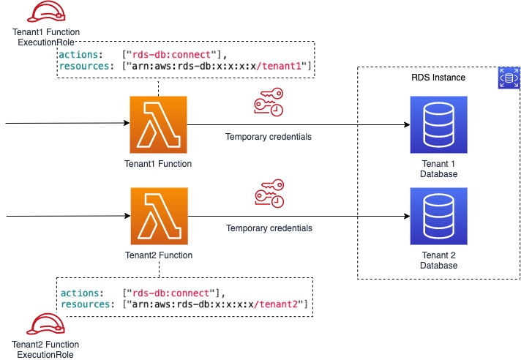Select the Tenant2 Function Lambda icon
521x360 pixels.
coord(158,217)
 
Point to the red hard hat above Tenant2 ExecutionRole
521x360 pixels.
coord(42,323)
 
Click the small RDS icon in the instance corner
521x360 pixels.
coord(509,78)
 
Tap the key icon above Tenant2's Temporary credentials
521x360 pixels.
coord(269,195)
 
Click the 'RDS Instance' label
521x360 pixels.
coord(438,78)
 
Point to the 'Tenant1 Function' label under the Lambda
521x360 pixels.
coord(158,164)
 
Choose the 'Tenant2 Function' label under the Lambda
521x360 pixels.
coord(158,255)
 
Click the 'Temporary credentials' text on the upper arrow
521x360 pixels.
coord(269,137)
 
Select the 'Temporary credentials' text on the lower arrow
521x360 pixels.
coord(269,228)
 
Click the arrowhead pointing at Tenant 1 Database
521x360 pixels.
coord(405,124)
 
